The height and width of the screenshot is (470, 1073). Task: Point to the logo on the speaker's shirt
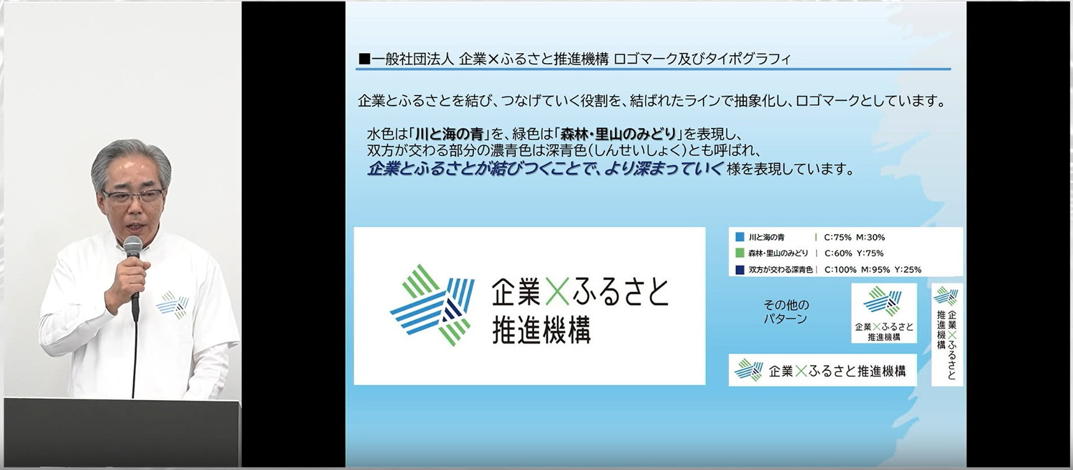[x=172, y=305]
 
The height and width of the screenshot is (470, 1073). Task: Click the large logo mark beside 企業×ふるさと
[x=432, y=305]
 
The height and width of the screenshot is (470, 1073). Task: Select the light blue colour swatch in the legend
[x=740, y=237]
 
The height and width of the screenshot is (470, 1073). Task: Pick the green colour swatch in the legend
[x=740, y=253]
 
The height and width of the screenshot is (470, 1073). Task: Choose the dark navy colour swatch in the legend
[x=740, y=269]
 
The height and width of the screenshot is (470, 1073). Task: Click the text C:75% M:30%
[x=854, y=238]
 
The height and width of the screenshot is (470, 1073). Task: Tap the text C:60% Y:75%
[x=854, y=253]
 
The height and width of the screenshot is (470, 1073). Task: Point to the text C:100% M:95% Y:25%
[x=873, y=269]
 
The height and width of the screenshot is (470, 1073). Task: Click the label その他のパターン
[x=786, y=312]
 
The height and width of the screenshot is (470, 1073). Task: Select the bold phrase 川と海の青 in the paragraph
[x=449, y=134]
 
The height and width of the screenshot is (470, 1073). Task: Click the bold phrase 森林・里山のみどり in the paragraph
[x=619, y=134]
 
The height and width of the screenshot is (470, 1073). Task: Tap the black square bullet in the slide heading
[x=364, y=59]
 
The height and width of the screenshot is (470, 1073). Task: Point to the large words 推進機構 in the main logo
[x=541, y=330]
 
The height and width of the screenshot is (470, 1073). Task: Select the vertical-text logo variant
[x=947, y=334]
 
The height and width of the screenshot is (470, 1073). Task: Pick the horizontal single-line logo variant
[x=823, y=370]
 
